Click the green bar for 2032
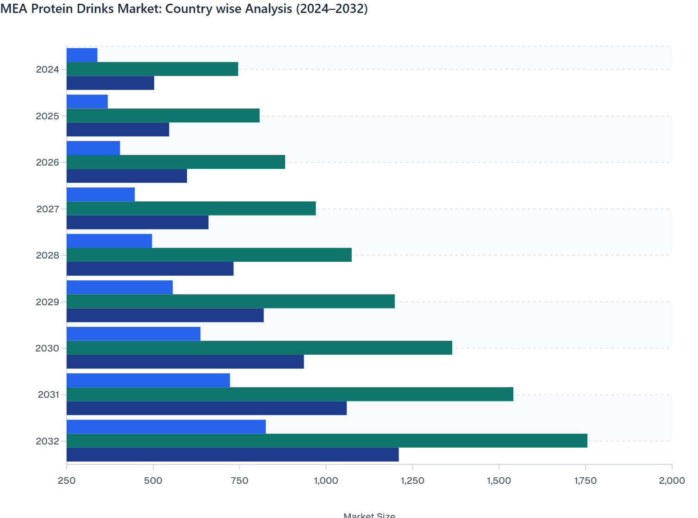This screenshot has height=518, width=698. coord(327,441)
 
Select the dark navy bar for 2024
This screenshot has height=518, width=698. coord(110,83)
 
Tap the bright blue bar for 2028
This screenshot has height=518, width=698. coord(109,241)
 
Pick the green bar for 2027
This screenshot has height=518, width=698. coord(191,209)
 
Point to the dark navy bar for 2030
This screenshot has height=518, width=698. coord(185,362)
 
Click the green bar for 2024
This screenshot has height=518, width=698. coord(152,69)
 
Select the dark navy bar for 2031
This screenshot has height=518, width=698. coord(206,408)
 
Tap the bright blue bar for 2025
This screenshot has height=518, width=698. coord(87,101)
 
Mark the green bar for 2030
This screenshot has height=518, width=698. coord(259,348)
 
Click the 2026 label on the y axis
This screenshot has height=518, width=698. coord(48,162)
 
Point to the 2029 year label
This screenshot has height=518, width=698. coord(48,302)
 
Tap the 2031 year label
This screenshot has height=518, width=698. coord(48,395)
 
